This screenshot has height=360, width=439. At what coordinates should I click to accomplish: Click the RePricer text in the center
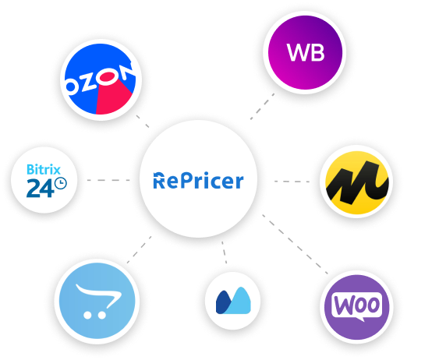198,181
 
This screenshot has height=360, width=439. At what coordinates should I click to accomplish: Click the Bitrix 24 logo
45,180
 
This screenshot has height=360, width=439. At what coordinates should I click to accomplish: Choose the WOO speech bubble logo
356,305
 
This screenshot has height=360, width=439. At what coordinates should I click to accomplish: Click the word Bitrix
44,168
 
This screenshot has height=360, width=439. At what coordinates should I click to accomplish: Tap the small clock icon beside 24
59,185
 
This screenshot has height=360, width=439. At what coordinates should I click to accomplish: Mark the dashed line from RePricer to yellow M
292,181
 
